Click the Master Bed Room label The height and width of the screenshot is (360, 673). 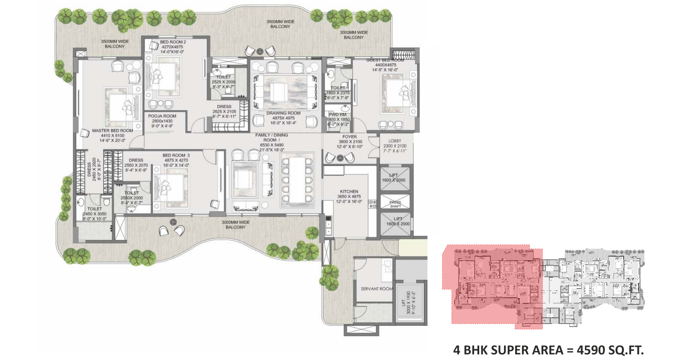pos(113,131)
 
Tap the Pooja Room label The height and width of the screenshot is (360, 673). pos(162,116)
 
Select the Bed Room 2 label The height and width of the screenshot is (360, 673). pos(173,42)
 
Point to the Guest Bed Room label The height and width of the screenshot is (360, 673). pos(385,60)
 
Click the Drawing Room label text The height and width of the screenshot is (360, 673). pos(283,113)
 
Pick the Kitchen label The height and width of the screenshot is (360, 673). pos(349,192)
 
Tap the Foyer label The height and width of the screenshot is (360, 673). pos(350,137)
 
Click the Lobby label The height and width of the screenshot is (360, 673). pos(395,141)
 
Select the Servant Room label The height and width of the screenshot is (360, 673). pos(377,289)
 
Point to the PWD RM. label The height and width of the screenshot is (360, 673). pos(338,115)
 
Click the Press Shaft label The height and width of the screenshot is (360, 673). pos(395,204)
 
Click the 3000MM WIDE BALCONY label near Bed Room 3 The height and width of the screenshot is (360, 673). pos(235,225)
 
